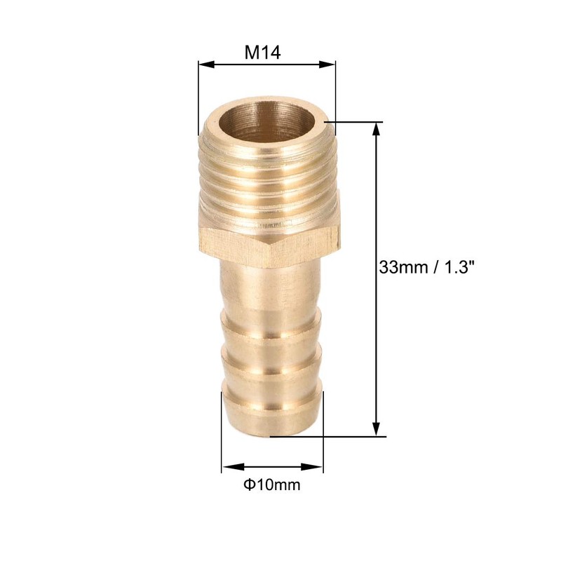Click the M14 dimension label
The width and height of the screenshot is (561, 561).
tap(262, 53)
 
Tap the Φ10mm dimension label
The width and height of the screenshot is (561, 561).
tap(272, 485)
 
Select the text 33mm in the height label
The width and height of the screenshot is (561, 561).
tap(403, 267)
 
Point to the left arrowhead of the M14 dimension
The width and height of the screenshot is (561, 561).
tap(206, 65)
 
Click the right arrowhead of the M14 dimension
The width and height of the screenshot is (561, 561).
tap(327, 65)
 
